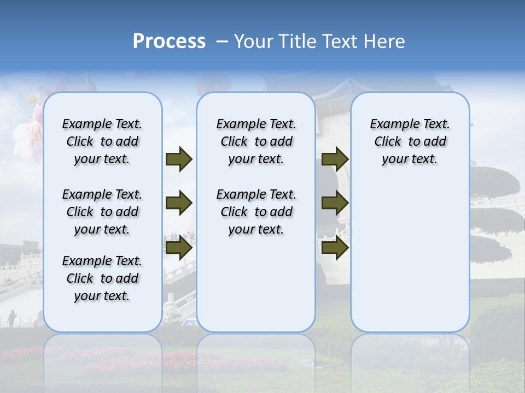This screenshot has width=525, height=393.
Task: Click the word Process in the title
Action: [169, 41]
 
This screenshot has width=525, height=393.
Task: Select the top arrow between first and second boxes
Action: [179, 159]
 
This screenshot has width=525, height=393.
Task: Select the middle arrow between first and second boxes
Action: [179, 204]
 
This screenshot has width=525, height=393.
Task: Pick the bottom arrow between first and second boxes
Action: [179, 248]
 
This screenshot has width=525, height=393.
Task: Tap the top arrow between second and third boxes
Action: [335, 159]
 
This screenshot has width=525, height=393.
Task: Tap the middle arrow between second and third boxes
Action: [335, 204]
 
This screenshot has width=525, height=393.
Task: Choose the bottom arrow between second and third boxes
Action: [335, 248]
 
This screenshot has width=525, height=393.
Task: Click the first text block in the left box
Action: [102, 141]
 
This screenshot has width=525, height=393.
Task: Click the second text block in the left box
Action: [102, 212]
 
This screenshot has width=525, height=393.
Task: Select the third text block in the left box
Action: [102, 278]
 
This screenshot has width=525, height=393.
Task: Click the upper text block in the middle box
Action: [256, 141]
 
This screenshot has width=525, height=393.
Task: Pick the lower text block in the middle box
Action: [256, 212]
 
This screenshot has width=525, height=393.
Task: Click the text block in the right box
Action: [410, 141]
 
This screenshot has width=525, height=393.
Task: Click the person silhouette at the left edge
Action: [11, 319]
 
